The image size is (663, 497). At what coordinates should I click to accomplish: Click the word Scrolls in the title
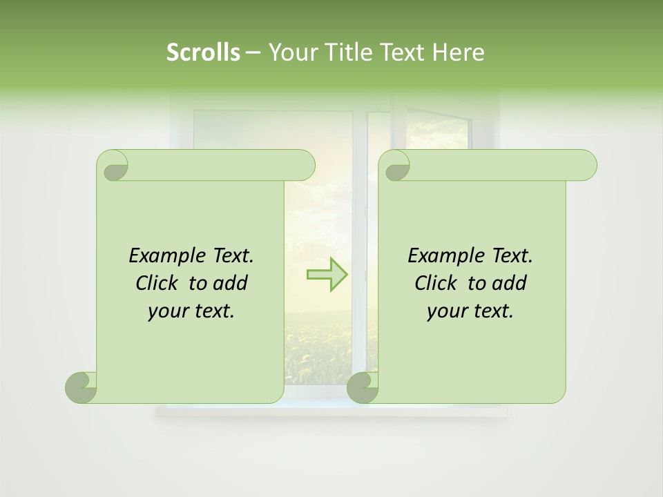pyautogui.click(x=203, y=52)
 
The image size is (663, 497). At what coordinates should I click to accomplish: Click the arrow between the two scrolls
pyautogui.click(x=327, y=275)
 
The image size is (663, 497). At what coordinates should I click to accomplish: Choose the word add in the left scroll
pyautogui.click(x=232, y=283)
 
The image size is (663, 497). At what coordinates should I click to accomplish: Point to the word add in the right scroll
pyautogui.click(x=511, y=283)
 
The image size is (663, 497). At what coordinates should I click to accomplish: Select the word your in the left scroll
pyautogui.click(x=169, y=311)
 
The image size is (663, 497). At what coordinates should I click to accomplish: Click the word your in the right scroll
pyautogui.click(x=448, y=311)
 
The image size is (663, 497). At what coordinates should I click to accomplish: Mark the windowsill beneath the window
pyautogui.click(x=331, y=412)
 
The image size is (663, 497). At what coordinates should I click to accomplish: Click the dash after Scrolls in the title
pyautogui.click(x=252, y=53)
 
